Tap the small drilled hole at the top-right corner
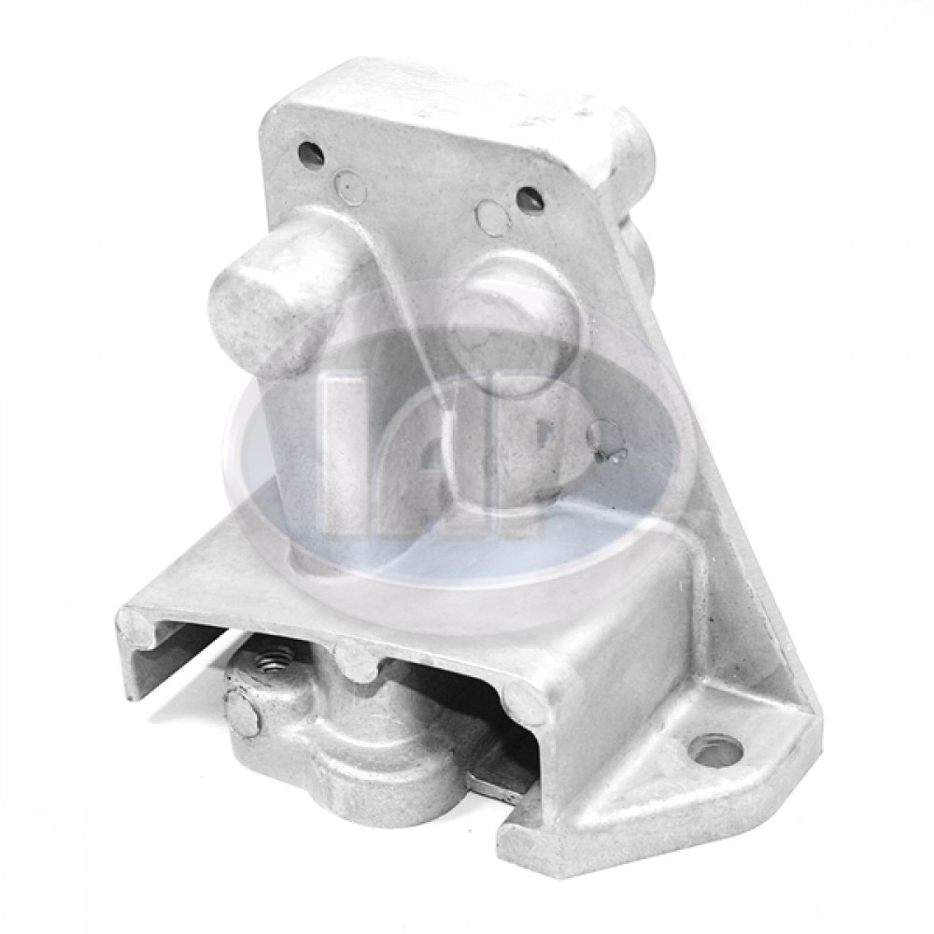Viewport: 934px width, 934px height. tap(530, 200)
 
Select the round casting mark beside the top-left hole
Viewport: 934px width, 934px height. tap(351, 188)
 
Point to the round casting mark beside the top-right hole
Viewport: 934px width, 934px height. tap(492, 218)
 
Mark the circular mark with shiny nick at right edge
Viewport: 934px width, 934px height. tap(607, 440)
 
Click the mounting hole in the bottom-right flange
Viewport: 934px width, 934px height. tap(716, 749)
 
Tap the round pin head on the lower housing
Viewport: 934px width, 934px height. tap(242, 715)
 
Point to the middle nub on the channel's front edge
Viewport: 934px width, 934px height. tap(357, 661)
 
